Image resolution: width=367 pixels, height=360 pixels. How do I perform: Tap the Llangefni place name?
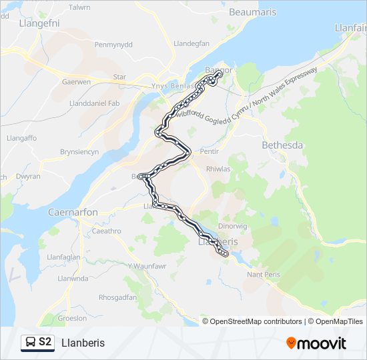(x=24, y=23)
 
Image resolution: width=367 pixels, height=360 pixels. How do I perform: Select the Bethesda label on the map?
(x=282, y=145)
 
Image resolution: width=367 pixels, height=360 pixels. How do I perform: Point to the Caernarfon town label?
(x=73, y=212)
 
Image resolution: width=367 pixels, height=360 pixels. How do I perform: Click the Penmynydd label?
(x=114, y=45)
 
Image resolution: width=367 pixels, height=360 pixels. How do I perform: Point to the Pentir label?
(x=210, y=152)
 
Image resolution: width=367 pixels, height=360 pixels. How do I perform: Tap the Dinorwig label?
(x=232, y=226)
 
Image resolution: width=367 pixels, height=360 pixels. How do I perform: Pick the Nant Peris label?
(x=263, y=275)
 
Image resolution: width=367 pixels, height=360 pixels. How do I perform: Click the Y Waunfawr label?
(x=144, y=266)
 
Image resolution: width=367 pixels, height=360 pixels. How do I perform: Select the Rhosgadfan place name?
(x=117, y=297)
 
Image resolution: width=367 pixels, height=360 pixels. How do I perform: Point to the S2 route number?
(x=45, y=343)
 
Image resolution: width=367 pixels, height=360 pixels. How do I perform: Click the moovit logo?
(x=316, y=343)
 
